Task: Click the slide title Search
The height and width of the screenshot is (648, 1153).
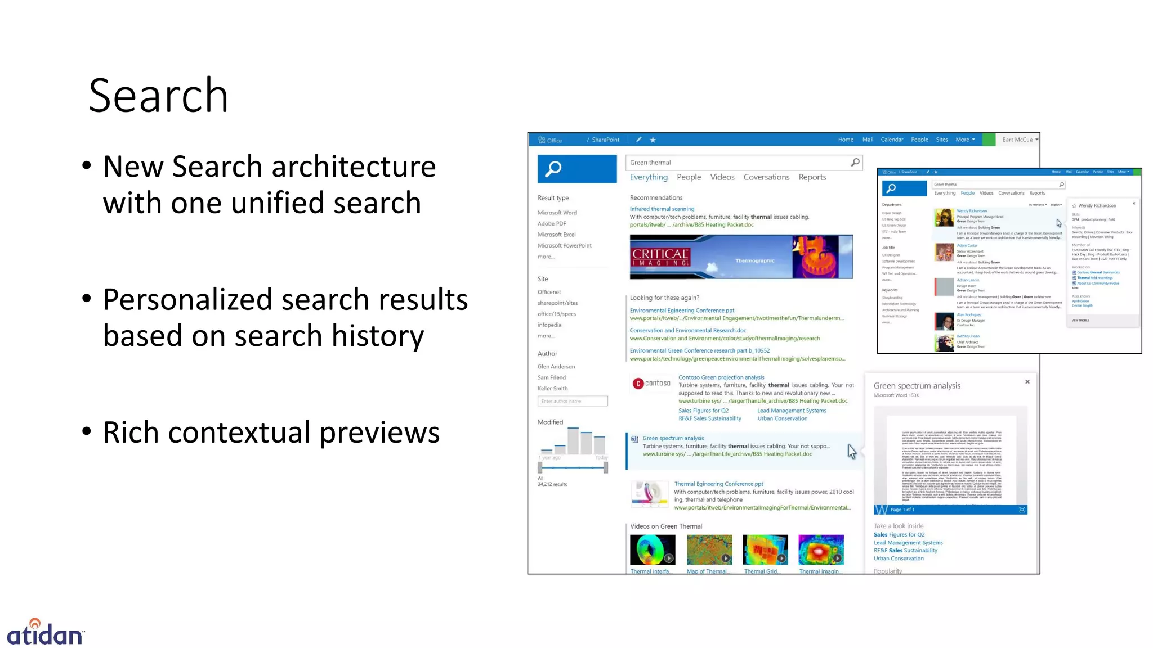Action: [158, 96]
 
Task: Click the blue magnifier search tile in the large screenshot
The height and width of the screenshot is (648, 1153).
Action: [576, 169]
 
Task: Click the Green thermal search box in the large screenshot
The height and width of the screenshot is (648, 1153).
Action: [738, 163]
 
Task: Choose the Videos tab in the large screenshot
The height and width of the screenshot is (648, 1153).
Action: [722, 177]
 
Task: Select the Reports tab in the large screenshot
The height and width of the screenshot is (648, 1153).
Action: [812, 177]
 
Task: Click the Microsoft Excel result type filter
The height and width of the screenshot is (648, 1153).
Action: [556, 235]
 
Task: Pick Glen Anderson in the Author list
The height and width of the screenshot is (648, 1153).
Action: [556, 367]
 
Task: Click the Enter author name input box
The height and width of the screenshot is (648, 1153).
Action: [572, 401]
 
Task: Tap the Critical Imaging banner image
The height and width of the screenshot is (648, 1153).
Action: [741, 256]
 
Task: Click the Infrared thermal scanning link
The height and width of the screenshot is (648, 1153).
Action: [662, 209]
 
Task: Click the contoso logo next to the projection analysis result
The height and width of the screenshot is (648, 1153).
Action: [651, 384]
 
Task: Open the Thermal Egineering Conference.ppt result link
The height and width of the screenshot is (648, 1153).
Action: [718, 484]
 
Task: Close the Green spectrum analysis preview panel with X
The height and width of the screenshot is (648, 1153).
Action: [1027, 382]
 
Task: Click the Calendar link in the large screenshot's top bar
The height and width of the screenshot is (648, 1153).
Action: [891, 139]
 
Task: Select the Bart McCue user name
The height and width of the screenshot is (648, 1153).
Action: [1017, 139]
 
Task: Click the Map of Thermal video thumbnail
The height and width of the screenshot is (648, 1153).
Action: [709, 550]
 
